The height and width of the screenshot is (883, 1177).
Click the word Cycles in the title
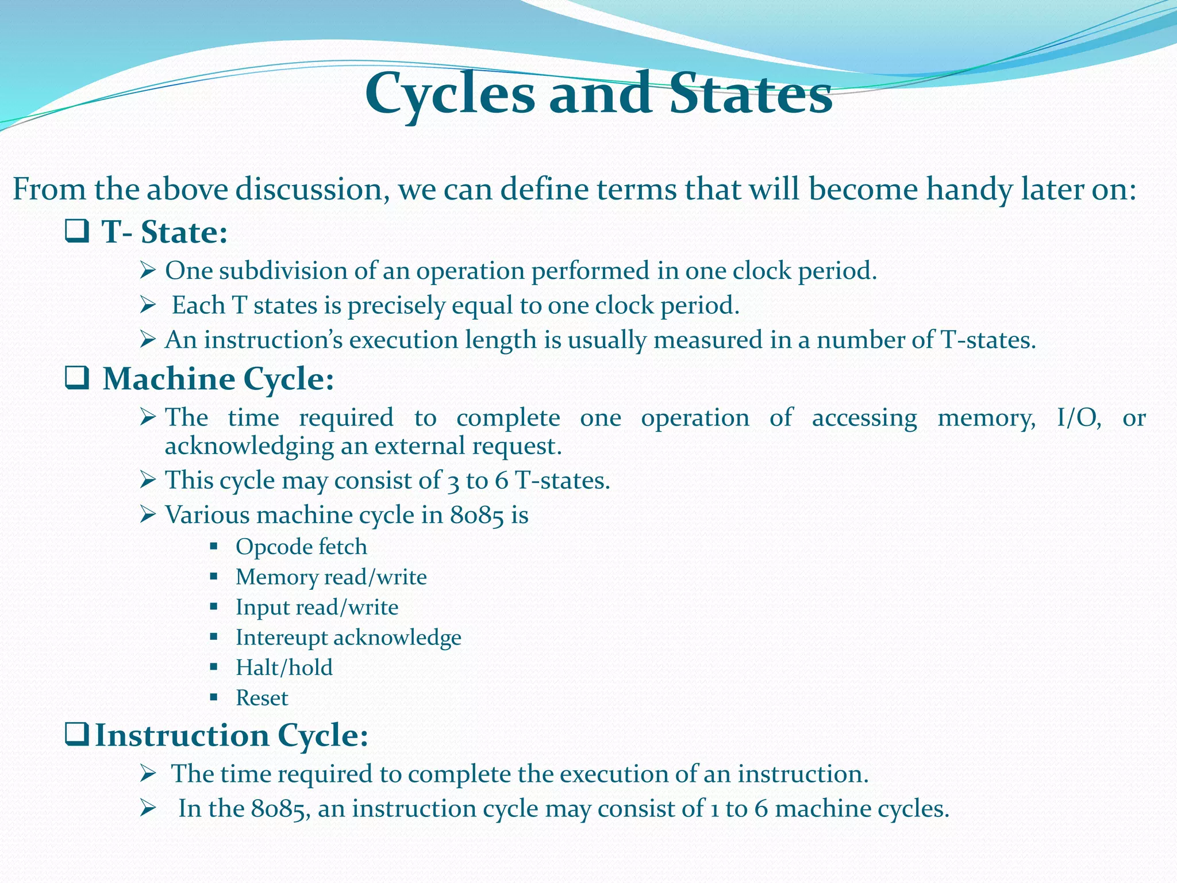click(450, 94)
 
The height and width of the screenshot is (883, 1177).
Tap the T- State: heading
click(164, 233)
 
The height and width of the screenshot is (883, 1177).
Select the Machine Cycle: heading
click(218, 379)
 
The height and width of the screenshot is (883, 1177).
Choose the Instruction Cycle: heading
click(231, 735)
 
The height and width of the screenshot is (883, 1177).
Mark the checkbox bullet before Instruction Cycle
click(76, 734)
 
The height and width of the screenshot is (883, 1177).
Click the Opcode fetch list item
click(301, 547)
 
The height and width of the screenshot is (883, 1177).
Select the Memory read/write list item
click(331, 577)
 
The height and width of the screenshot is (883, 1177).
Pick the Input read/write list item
click(317, 608)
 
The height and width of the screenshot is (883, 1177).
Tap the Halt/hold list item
click(284, 668)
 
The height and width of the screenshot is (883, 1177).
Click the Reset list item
click(262, 698)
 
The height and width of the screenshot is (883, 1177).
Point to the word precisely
click(396, 305)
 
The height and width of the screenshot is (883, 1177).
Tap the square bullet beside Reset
click(214, 698)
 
